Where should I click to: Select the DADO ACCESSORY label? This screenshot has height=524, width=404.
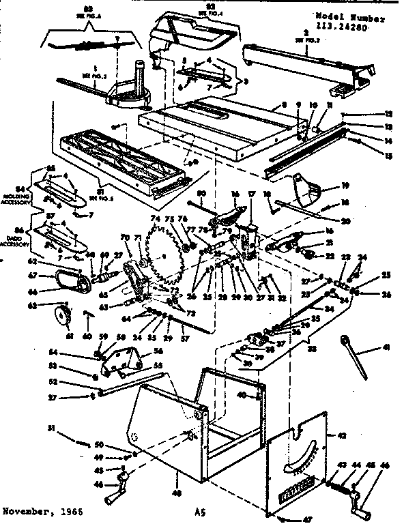pos(12,241)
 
